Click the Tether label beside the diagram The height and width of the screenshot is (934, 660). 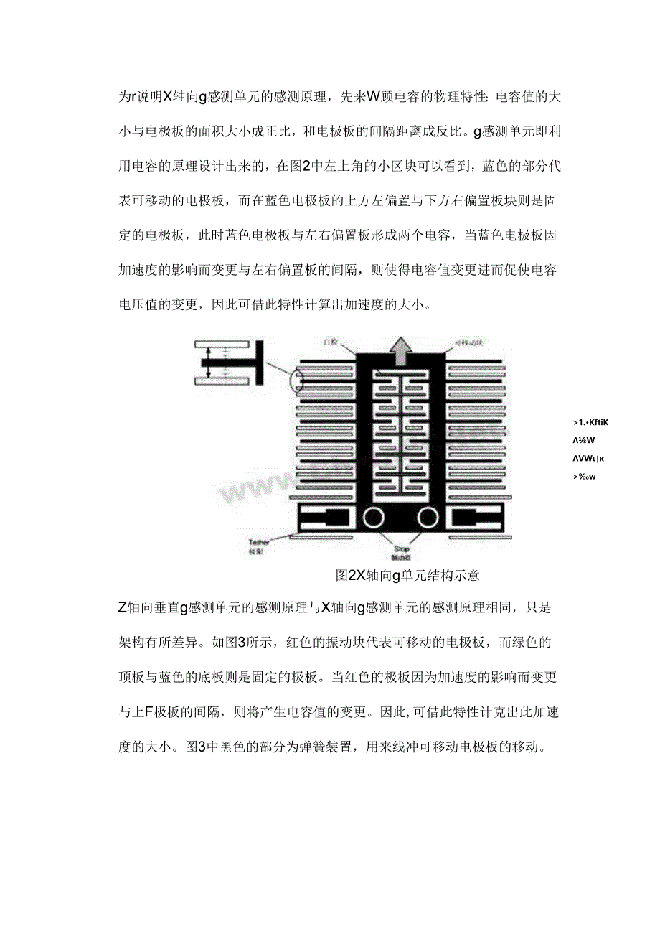(x=258, y=543)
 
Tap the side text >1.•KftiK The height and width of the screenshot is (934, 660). (x=591, y=423)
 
